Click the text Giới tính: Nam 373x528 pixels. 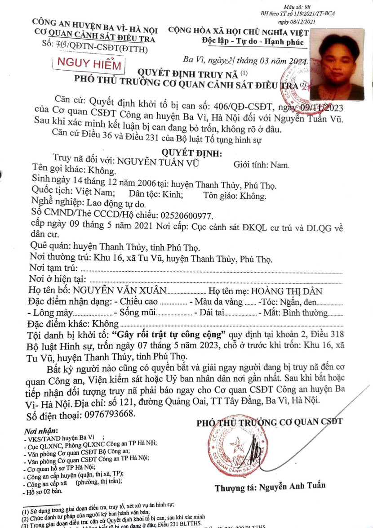(x=261, y=165)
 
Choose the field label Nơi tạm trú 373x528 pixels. (x=53, y=268)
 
